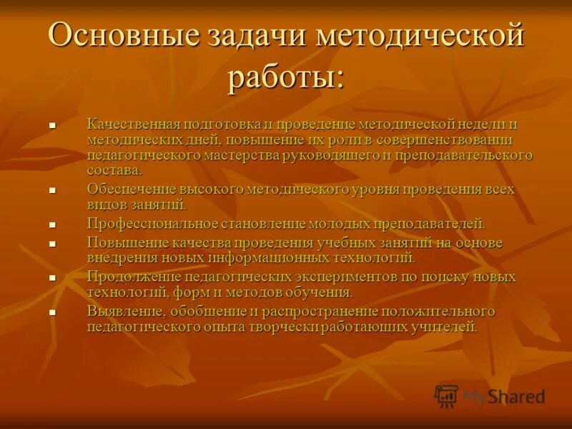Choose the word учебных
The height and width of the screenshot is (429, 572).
[360, 243]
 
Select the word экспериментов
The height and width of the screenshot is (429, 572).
[347, 277]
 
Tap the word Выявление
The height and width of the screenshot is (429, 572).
[122, 312]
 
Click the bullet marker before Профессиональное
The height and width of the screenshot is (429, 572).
[52, 225]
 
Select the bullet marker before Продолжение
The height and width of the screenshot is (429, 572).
[52, 277]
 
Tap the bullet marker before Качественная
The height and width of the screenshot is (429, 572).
[52, 125]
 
